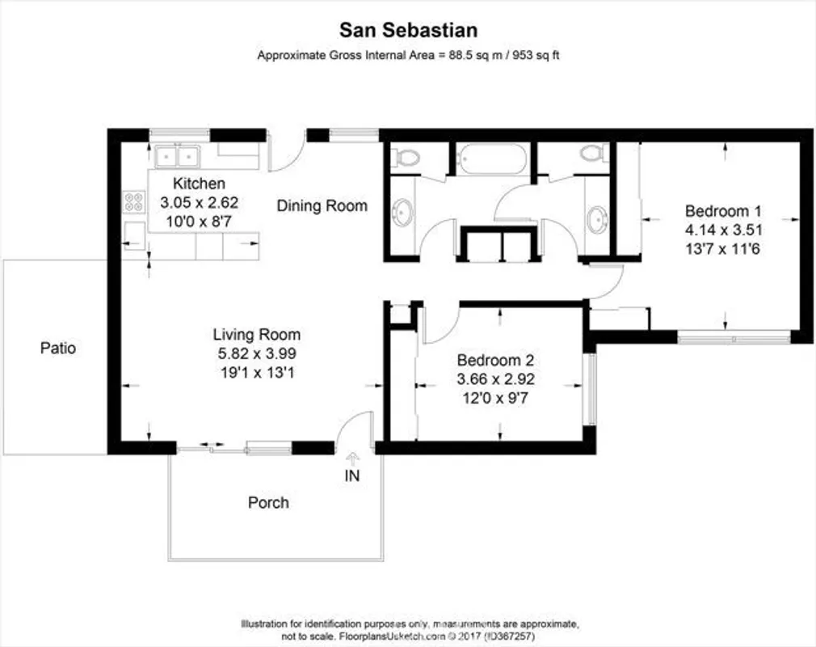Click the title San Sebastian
pos(408,31)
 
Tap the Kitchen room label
pos(199,184)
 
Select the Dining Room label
pos(322,205)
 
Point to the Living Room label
pos(256,334)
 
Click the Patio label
pos(58,349)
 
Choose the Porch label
pos(268,502)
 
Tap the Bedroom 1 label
pos(723,212)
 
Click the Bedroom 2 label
pos(495,361)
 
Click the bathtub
pos(492,159)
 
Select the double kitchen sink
pos(178,154)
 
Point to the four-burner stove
pos(132,201)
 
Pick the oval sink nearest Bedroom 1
pos(598,218)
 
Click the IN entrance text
pos(352,476)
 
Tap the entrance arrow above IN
pos(352,459)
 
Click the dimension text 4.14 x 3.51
pos(724,230)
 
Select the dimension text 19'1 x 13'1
pos(256,373)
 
